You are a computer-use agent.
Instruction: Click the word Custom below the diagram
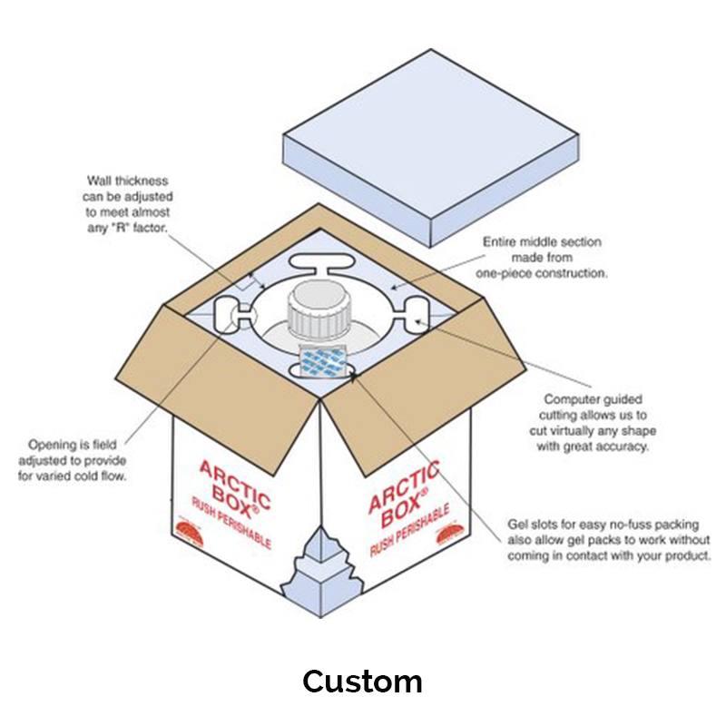362,681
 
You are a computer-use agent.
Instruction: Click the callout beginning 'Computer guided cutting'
594,422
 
